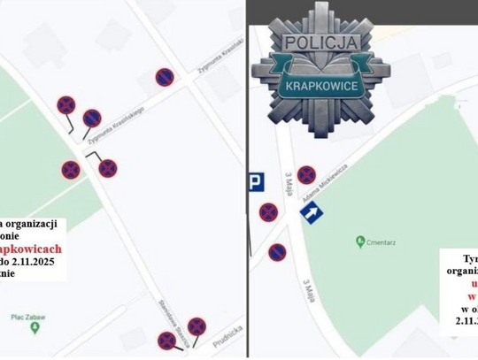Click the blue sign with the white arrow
tap(312, 213)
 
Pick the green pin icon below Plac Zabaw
tap(35, 328)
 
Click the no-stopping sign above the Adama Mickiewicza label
tap(305, 174)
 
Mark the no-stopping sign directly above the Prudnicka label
tap(196, 326)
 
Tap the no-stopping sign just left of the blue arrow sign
tap(267, 212)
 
